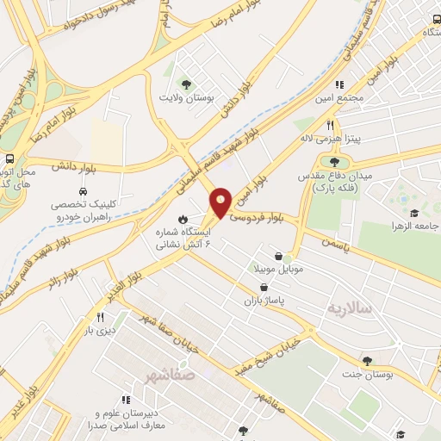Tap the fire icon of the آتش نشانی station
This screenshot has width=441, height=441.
[183, 218]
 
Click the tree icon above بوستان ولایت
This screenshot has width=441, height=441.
[186, 84]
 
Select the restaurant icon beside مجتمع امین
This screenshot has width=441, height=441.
[339, 85]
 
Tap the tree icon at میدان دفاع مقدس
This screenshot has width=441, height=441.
[334, 161]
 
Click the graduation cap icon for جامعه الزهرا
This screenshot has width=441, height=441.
[413, 214]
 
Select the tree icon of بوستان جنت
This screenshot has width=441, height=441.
[368, 361]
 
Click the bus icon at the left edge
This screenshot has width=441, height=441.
[9, 159]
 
